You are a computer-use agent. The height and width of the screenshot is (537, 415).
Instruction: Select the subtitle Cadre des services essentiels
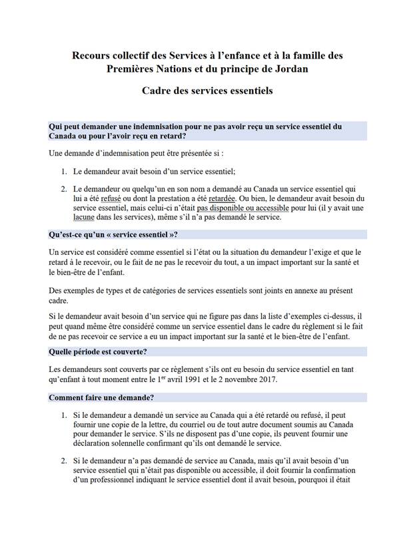pyautogui.click(x=207, y=90)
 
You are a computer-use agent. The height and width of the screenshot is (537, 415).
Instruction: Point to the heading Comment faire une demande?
pyautogui.click(x=101, y=397)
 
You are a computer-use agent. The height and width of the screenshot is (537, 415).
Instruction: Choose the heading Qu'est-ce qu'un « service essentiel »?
pyautogui.click(x=113, y=234)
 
